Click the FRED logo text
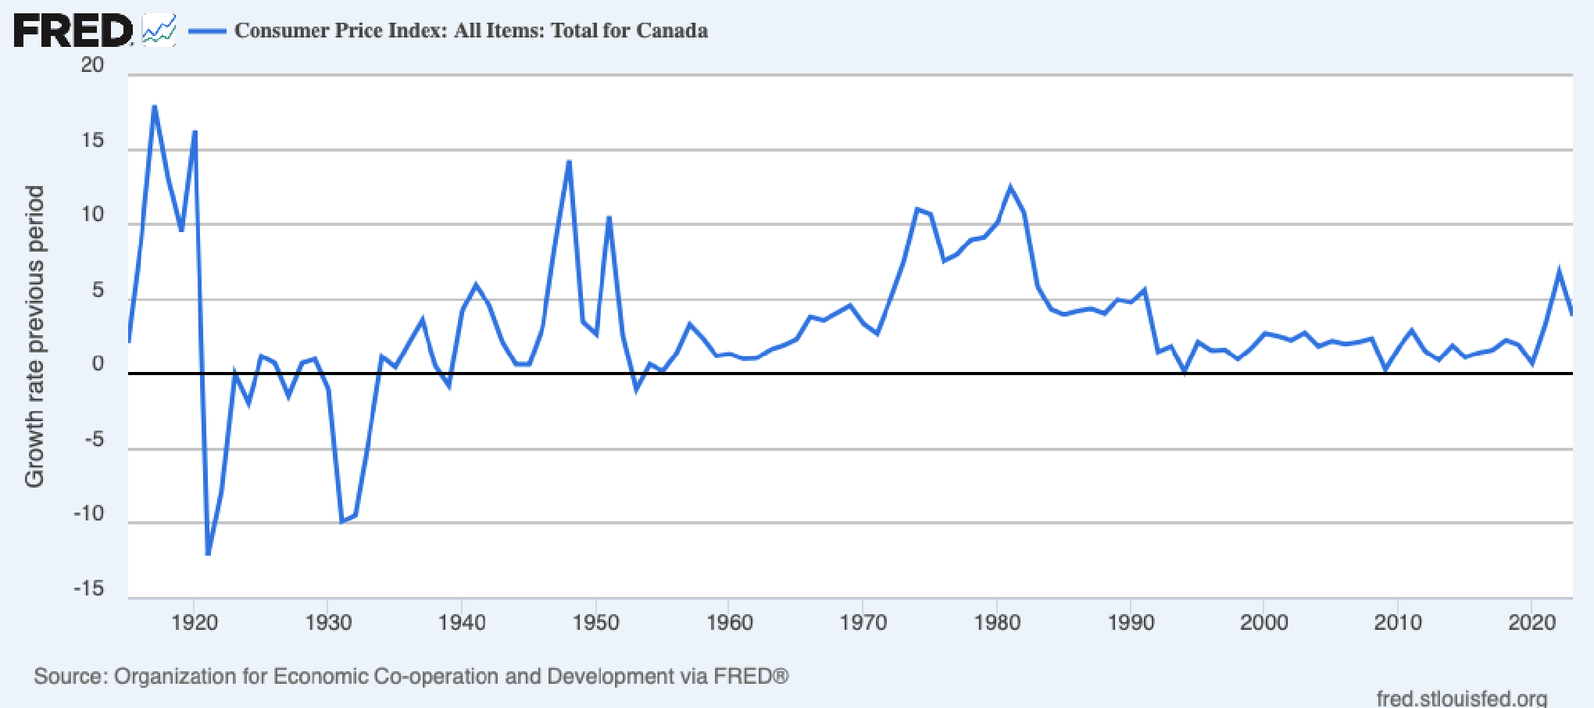pyautogui.click(x=73, y=31)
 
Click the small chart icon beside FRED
pyautogui.click(x=159, y=31)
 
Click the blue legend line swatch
pyautogui.click(x=207, y=31)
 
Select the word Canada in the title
pyautogui.click(x=671, y=30)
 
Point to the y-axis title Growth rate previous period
pyautogui.click(x=34, y=336)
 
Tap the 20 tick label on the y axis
pyautogui.click(x=92, y=66)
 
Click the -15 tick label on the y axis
pyautogui.click(x=88, y=588)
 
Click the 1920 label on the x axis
pyautogui.click(x=195, y=623)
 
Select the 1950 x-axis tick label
pyautogui.click(x=595, y=623)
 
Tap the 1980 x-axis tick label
pyautogui.click(x=997, y=623)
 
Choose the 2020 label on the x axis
pyautogui.click(x=1531, y=623)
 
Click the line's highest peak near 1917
pyautogui.click(x=155, y=106)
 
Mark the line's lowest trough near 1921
pyautogui.click(x=208, y=554)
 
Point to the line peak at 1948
pyautogui.click(x=569, y=162)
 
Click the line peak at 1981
pyautogui.click(x=1010, y=188)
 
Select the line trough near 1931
pyautogui.click(x=341, y=521)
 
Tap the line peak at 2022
pyautogui.click(x=1559, y=271)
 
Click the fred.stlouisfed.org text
pyautogui.click(x=1461, y=698)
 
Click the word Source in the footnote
pyautogui.click(x=69, y=676)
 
